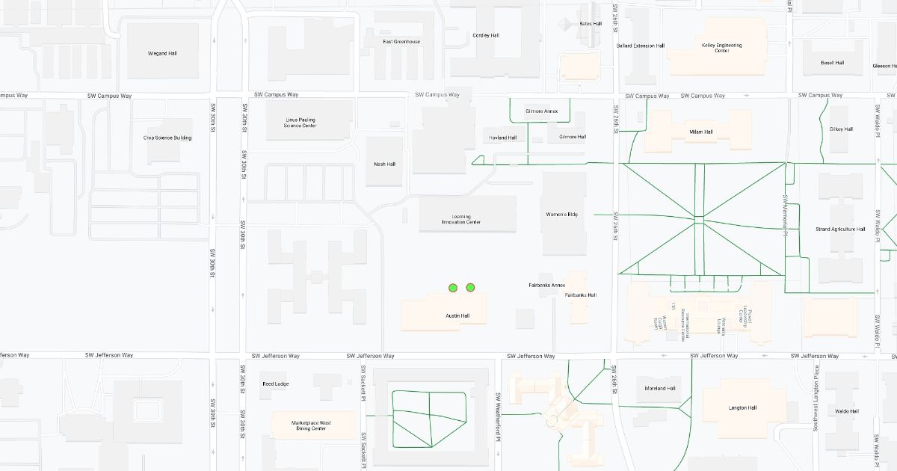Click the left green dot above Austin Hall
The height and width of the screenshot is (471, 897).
tap(453, 288)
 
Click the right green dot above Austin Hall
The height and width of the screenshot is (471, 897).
tap(470, 287)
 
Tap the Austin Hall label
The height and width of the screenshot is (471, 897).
tap(457, 316)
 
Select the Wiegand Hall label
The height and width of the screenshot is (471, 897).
tap(162, 54)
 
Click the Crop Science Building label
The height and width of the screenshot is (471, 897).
tap(167, 138)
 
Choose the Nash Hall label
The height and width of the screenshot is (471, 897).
tap(385, 164)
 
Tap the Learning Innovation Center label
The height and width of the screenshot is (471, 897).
tap(461, 219)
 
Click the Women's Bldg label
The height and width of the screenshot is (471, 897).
tap(562, 215)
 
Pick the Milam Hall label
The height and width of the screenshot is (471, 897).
tap(701, 132)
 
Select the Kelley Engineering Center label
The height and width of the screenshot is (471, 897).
tap(722, 48)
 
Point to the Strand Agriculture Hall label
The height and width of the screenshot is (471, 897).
tap(840, 230)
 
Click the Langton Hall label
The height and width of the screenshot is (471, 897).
tap(742, 408)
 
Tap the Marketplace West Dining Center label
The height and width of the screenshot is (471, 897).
tap(311, 425)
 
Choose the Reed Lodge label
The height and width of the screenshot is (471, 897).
tap(275, 384)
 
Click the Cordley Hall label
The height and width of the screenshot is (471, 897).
tap(486, 36)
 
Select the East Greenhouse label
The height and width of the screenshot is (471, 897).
tap(401, 42)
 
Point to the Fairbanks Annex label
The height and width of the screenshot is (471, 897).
tap(547, 286)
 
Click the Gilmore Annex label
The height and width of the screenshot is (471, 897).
tap(542, 111)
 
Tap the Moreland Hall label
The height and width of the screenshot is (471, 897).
tap(660, 389)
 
